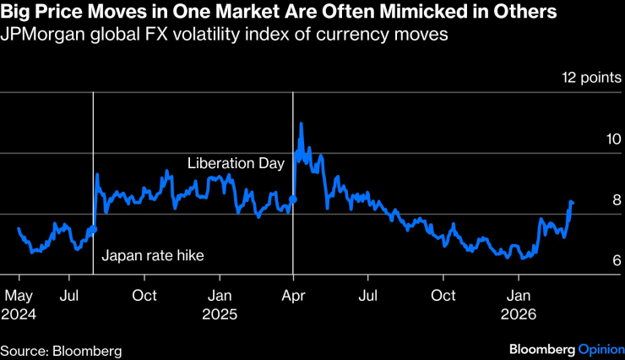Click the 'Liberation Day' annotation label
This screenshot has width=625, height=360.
coord(236,163)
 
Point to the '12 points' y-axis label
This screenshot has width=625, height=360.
coord(591,79)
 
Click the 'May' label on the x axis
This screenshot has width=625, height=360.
coord(19,296)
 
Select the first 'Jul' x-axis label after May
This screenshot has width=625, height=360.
coord(70,296)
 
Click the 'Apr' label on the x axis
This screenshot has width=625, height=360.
coord(293,296)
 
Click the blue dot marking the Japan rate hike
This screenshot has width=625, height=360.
coord(93,228)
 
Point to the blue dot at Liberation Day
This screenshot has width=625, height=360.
coord(293,199)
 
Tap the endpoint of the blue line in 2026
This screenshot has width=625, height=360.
coord(572,203)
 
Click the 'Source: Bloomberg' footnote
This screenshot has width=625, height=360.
coord(61,349)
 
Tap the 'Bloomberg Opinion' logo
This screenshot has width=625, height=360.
coord(565,349)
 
